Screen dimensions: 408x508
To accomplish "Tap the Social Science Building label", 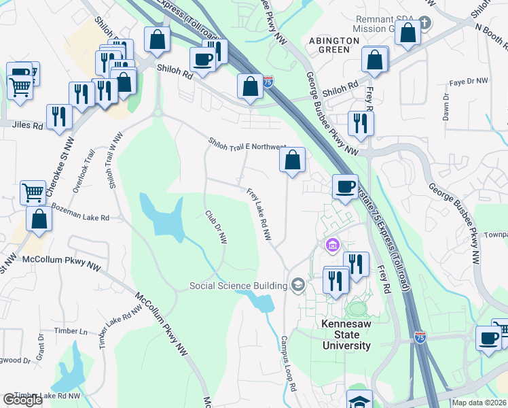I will [x=238, y=286].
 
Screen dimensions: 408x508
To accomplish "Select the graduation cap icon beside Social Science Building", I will [x=297, y=285].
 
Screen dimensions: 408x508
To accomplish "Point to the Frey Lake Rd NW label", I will [x=259, y=215].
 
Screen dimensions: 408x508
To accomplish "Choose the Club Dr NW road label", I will [x=216, y=227].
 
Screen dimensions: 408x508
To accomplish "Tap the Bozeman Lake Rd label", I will [x=80, y=211].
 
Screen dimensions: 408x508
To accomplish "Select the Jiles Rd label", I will [x=27, y=126].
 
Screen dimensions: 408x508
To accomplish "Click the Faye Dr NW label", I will [x=469, y=82].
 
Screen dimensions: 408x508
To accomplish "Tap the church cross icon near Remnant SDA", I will [x=424, y=23].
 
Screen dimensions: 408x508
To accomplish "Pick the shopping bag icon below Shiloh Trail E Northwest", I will [x=292, y=160].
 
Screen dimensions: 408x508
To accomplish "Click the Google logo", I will [x=22, y=400].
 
